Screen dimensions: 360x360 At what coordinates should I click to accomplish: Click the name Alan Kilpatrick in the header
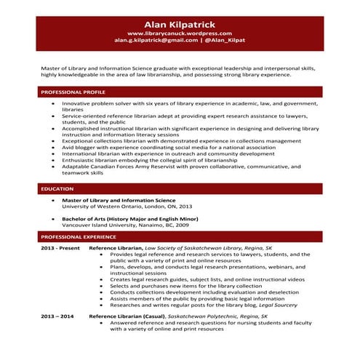point(179,23)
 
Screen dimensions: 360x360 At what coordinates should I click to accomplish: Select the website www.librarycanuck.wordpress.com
point(179,33)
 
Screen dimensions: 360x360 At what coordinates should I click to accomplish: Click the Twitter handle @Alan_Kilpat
point(226,41)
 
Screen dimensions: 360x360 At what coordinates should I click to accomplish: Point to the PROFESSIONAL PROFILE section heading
point(73,92)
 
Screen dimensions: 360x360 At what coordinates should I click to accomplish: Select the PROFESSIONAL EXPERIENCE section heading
point(78,237)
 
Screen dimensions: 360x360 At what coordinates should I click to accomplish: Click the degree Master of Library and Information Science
point(119,199)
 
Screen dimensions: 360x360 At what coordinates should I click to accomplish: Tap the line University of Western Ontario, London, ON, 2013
point(127,206)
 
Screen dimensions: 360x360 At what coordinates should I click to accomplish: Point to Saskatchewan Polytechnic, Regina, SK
point(217,317)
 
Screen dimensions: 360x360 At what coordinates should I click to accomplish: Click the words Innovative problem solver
point(96,103)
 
